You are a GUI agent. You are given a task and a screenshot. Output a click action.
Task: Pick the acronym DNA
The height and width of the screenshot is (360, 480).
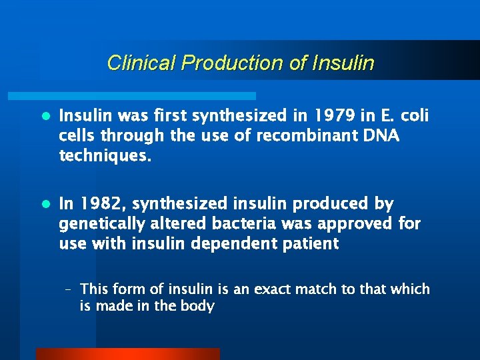[381, 137]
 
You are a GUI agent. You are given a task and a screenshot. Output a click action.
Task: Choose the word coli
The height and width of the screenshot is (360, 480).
[414, 117]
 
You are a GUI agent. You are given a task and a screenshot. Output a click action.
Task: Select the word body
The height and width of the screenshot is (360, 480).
[200, 307]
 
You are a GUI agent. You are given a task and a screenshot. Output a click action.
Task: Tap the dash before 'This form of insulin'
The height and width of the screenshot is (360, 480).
[69, 289]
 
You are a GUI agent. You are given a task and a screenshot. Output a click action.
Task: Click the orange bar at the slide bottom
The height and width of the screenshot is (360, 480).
[127, 353]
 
